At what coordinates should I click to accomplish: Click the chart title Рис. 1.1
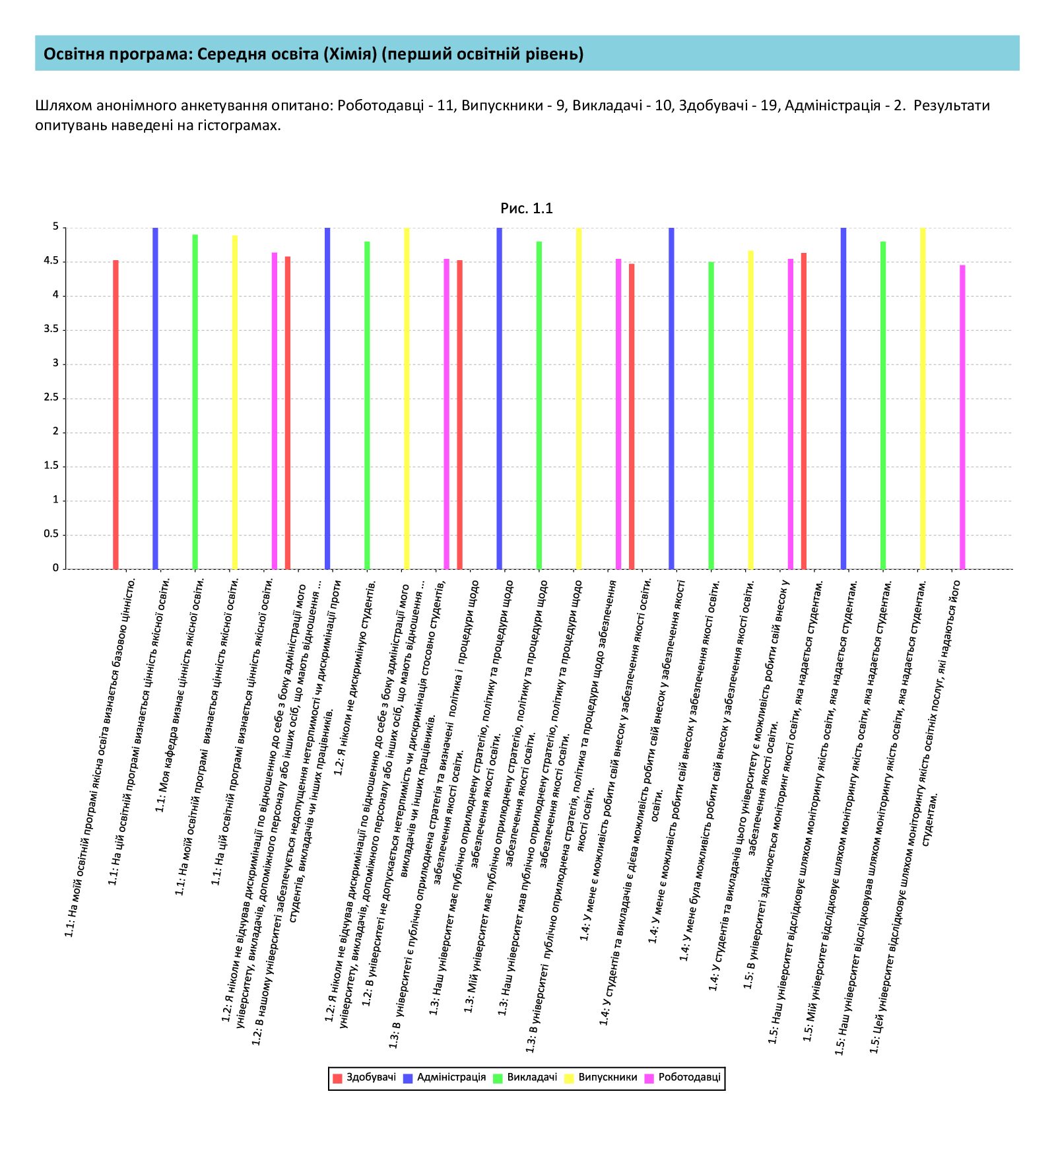526,209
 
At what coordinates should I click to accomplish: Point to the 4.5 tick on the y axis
51,261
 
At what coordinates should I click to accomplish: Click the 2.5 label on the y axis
51,398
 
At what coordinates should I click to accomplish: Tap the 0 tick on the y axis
55,569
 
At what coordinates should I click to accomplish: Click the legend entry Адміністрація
444,1078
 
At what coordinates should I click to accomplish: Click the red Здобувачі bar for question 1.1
115,414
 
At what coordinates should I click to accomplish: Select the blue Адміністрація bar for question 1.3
500,398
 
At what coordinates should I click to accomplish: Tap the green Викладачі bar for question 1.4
711,415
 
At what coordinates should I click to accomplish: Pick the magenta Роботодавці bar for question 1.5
962,417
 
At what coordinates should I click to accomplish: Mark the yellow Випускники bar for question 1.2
407,398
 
